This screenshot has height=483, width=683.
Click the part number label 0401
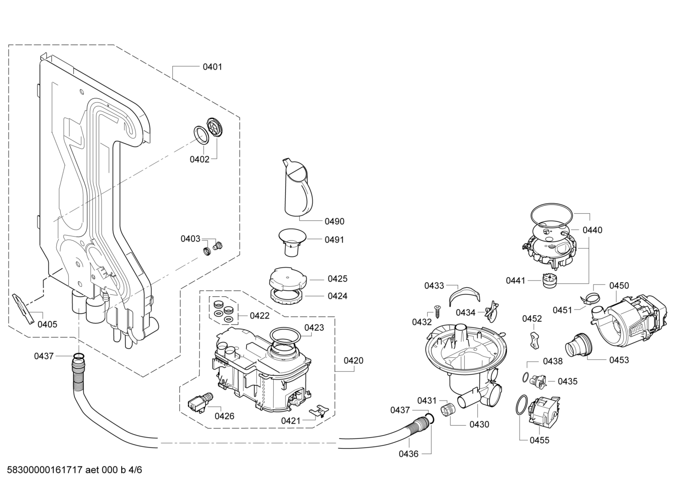213,67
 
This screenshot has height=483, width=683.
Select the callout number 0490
334,221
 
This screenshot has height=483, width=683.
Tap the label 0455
539,440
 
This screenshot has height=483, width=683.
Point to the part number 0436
409,454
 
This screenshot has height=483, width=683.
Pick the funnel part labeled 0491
292,243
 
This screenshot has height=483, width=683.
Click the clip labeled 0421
319,411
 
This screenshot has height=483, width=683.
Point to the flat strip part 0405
24,309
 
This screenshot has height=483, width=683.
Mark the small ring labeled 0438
525,377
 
